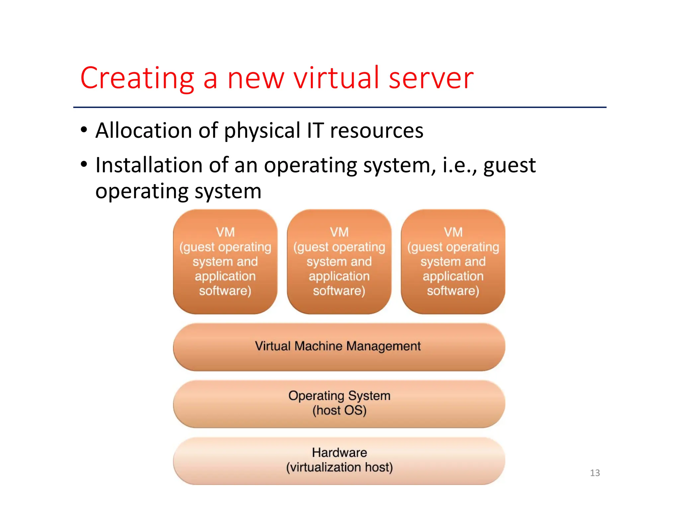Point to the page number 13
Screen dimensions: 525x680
pos(595,473)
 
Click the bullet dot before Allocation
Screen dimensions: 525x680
pos(84,130)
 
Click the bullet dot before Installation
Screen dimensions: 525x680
pos(84,164)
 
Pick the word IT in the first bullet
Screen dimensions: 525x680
pos(315,130)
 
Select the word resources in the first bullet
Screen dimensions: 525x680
pos(377,131)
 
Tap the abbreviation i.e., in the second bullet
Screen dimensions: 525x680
pos(459,165)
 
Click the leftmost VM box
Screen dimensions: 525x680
pos(225,262)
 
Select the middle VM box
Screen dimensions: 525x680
pos(339,262)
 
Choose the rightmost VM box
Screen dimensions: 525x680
pos(453,262)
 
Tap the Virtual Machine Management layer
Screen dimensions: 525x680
pos(339,346)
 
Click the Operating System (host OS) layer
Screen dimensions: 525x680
pos(339,404)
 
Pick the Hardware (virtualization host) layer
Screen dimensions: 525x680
pos(339,461)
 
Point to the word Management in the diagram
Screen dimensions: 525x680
pos(383,346)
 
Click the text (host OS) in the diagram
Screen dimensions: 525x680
pos(339,411)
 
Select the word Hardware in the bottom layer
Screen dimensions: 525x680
pos(339,453)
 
